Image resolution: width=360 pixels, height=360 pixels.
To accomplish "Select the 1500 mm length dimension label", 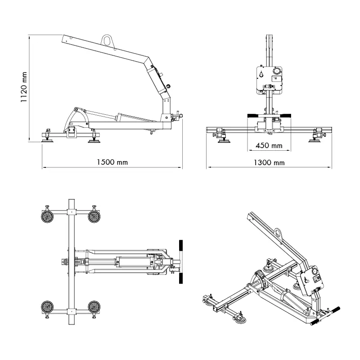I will coord(112,162).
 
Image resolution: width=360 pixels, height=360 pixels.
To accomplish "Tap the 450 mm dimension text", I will coord(269,145).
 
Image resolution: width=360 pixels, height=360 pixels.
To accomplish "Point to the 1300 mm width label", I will coord(269,162).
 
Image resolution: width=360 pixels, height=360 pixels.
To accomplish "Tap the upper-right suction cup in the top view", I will coord(94,217).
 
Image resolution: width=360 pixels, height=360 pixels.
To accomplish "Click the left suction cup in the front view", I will coord(223,141).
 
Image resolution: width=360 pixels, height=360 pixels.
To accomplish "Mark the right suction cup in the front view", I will coord(314,141).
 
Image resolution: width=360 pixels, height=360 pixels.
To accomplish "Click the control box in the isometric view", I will coord(311,280).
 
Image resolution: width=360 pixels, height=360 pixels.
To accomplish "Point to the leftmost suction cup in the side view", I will coord(46,140).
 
